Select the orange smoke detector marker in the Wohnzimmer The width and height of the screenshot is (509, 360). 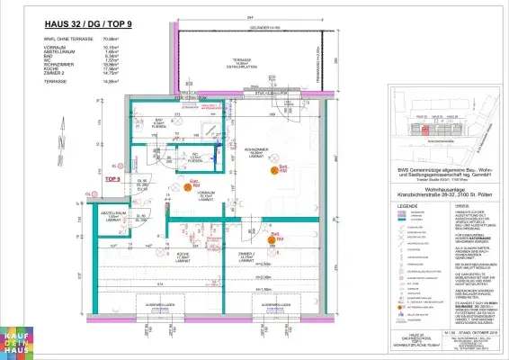click(x=281, y=168)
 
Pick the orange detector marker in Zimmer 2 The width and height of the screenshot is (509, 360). click(x=272, y=238)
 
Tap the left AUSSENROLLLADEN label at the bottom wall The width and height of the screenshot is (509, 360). click(x=160, y=304)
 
